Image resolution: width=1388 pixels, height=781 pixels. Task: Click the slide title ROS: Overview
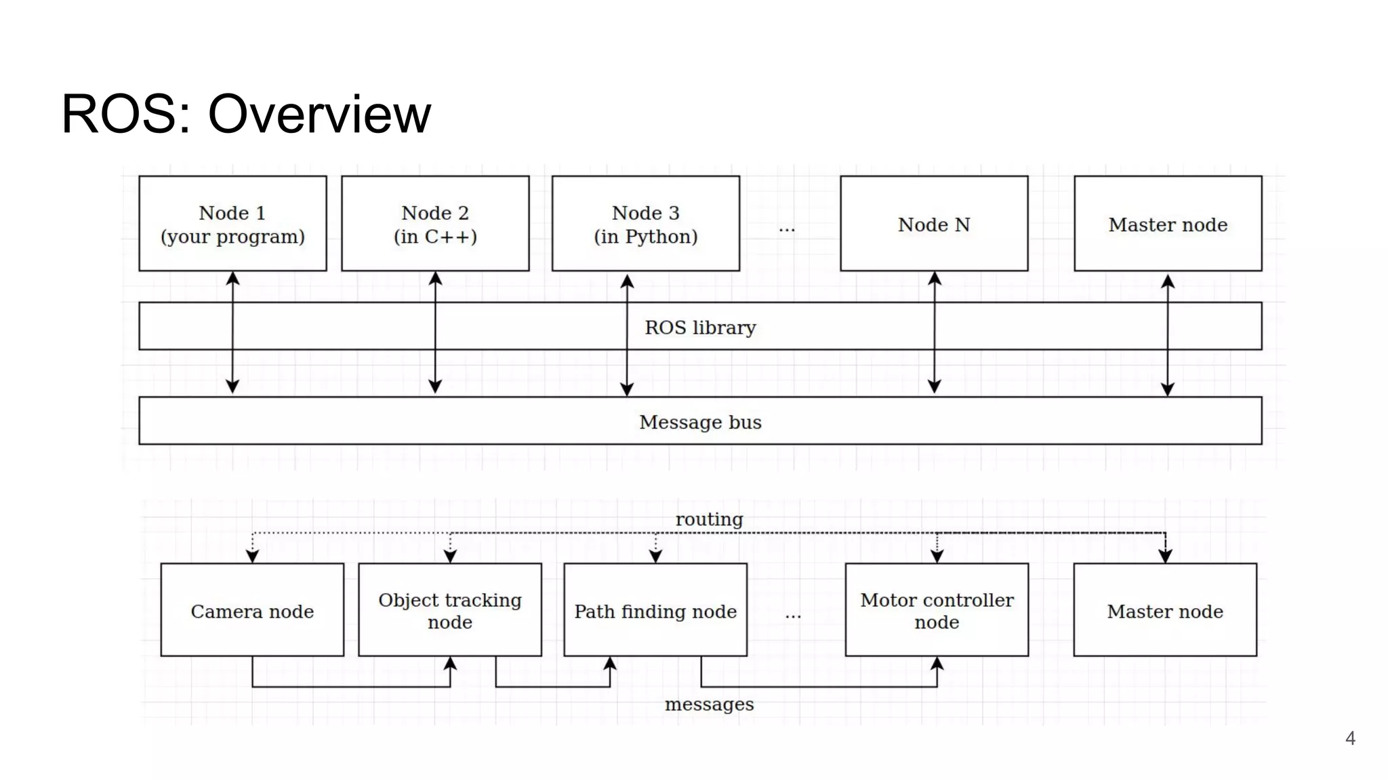pyautogui.click(x=245, y=114)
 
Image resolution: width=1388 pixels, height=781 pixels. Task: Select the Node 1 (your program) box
pyautogui.click(x=232, y=224)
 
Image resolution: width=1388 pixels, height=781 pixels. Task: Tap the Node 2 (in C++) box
pyautogui.click(x=435, y=224)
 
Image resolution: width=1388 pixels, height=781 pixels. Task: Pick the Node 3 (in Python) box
pyautogui.click(x=645, y=224)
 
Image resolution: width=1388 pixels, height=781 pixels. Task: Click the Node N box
pyautogui.click(x=933, y=224)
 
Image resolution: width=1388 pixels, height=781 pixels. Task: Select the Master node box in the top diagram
pyautogui.click(x=1167, y=224)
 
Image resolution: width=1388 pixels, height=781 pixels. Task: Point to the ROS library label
pyautogui.click(x=700, y=327)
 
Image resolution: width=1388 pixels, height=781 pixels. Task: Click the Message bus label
pyautogui.click(x=700, y=422)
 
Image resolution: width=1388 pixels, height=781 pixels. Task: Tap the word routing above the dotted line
pyautogui.click(x=709, y=519)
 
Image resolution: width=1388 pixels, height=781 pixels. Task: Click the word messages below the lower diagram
pyautogui.click(x=709, y=704)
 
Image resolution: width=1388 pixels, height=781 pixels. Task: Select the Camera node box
pyautogui.click(x=252, y=610)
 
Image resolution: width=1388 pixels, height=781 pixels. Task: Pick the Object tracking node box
pyautogui.click(x=449, y=610)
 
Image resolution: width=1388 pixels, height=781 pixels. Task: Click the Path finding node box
pyautogui.click(x=655, y=610)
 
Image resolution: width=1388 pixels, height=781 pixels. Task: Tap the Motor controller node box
pyautogui.click(x=937, y=610)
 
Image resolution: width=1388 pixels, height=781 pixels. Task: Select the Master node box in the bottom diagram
pyautogui.click(x=1164, y=610)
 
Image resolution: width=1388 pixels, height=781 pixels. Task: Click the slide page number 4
pyautogui.click(x=1349, y=738)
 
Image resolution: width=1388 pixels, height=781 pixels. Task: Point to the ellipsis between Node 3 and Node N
pyautogui.click(x=786, y=229)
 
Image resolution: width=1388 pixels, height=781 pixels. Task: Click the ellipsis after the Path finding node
pyautogui.click(x=793, y=616)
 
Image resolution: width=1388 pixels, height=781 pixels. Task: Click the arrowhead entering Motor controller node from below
pyautogui.click(x=937, y=664)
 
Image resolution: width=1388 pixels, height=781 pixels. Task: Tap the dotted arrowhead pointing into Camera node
pyautogui.click(x=252, y=556)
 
